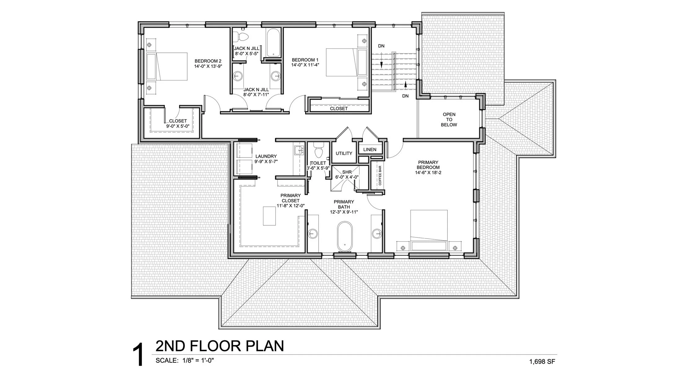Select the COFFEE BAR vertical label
point(380,175)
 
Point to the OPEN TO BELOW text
point(449,120)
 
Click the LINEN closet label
point(370,150)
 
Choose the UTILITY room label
point(344,153)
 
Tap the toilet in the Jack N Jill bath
point(241,36)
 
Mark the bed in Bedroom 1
point(344,62)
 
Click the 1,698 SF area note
point(542,361)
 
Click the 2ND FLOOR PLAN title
point(219,346)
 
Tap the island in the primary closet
point(269,216)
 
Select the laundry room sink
point(299,150)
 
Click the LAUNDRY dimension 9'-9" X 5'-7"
point(266,161)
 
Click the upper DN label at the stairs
point(381,46)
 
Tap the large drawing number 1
point(138,355)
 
